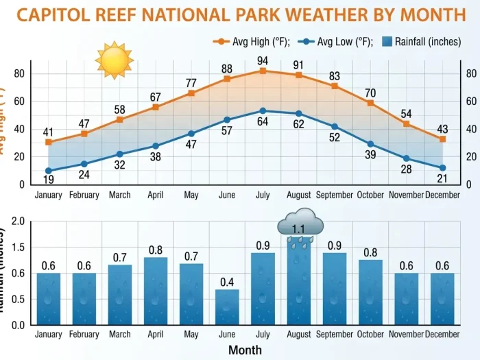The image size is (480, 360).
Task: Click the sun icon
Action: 114,60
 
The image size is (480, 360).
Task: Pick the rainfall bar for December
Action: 442,298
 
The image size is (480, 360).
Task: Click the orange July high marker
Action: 263,71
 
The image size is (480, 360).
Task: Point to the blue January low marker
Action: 49,171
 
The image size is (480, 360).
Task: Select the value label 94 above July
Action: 263,60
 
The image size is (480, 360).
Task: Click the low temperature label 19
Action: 49,180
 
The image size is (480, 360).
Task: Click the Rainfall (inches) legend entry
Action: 420,42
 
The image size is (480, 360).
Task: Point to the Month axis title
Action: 245,350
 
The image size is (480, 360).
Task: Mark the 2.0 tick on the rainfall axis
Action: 19,221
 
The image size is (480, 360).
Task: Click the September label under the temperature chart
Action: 335,195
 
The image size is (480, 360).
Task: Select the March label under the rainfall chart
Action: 119,335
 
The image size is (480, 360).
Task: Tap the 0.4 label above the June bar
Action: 227,282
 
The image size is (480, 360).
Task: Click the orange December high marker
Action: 442,139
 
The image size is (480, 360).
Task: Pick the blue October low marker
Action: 370,144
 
